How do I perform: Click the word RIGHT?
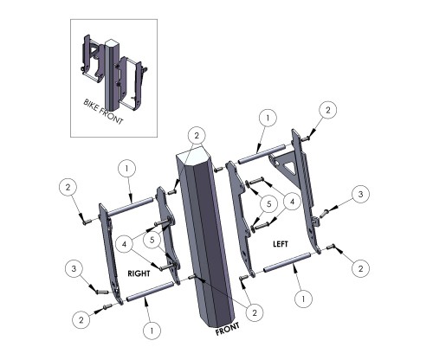(139, 273)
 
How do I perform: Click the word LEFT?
(281, 244)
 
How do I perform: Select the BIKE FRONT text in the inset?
(103, 112)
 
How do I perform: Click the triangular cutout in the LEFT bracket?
(288, 168)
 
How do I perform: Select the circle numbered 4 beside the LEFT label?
(292, 202)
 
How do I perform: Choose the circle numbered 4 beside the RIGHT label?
(124, 244)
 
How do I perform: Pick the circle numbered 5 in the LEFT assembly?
(268, 204)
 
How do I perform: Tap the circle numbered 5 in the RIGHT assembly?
(152, 240)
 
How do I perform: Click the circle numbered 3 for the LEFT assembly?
(360, 194)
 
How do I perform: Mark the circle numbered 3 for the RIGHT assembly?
(74, 268)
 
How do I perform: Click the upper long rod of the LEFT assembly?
(262, 153)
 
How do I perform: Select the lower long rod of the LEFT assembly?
(288, 262)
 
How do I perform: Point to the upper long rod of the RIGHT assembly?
(131, 206)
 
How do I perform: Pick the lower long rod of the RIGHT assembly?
(150, 292)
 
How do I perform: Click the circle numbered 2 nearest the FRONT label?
(255, 312)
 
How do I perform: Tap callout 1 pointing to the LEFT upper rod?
(268, 118)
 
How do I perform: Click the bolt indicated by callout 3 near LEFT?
(324, 214)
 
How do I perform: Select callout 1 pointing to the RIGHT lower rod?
(152, 331)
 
